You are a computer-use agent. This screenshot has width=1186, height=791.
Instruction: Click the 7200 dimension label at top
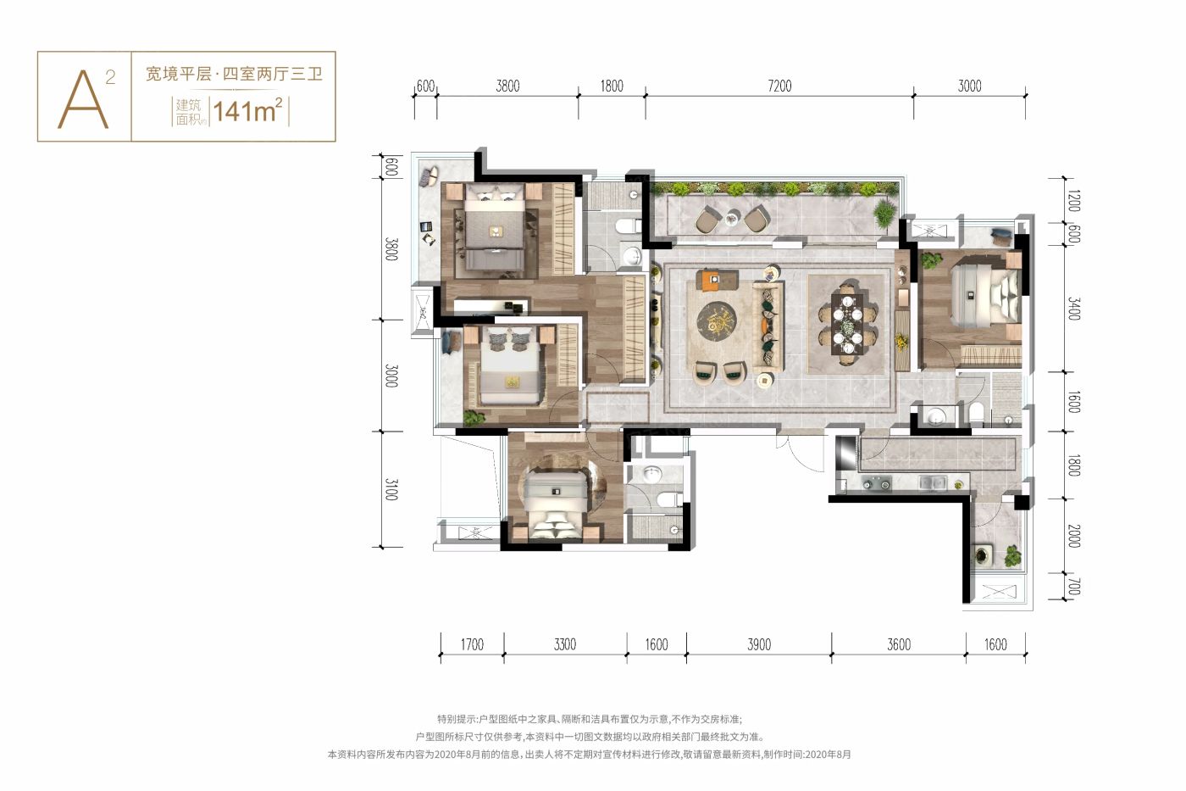[x=779, y=86]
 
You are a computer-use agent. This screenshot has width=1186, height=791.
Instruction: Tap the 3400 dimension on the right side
[x=1073, y=309]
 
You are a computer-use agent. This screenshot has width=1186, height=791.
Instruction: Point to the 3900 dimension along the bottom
[x=759, y=644]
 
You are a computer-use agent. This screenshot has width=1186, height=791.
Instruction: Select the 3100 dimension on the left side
[x=391, y=489]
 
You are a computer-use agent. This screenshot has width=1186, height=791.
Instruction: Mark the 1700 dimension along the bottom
[x=472, y=644]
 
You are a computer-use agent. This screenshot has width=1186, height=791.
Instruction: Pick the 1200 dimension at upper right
[x=1073, y=201]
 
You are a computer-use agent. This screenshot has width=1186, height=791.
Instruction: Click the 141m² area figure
[x=247, y=111]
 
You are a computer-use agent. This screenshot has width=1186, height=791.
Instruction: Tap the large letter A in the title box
[x=83, y=100]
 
